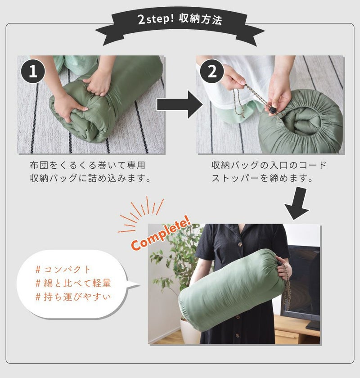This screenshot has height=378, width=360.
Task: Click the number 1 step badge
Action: point(33,71)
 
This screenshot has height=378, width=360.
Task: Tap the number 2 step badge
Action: point(212,71)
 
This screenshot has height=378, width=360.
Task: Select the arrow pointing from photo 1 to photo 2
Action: point(180,104)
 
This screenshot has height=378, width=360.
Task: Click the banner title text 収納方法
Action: point(200,19)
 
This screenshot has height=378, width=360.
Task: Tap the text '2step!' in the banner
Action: point(156,19)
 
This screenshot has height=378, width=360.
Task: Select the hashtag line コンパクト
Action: point(63,269)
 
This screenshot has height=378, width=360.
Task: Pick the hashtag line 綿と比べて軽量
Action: point(73,283)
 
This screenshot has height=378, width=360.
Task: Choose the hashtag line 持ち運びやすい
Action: point(73,297)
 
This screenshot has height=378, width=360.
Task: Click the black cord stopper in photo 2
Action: point(272,110)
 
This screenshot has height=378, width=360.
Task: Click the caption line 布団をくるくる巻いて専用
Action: point(87,166)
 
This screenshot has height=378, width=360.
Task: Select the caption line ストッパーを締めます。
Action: point(262,178)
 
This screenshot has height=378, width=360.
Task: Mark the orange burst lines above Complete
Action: point(141,214)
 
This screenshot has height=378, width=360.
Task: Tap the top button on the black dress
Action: point(240,245)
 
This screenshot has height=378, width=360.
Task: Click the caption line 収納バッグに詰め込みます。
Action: point(90,178)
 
